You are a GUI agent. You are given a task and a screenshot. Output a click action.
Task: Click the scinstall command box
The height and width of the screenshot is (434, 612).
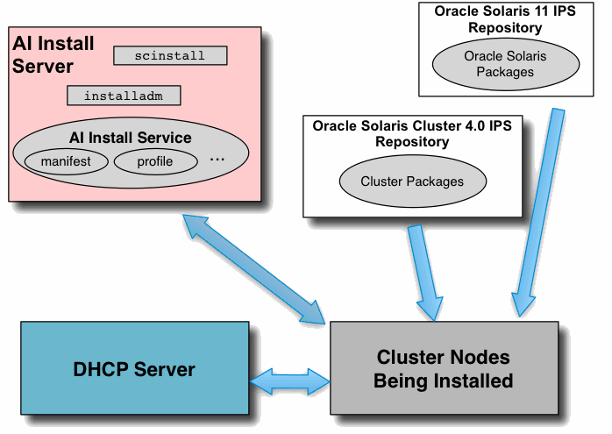(x=170, y=56)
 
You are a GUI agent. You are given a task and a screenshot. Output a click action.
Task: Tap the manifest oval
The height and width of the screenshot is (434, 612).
(x=64, y=161)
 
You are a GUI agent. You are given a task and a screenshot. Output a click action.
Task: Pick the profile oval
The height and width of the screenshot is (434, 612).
(x=155, y=161)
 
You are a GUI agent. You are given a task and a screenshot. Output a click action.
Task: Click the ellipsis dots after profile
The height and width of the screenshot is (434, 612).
(x=218, y=160)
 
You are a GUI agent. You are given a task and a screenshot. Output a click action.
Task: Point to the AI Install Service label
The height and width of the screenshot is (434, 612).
(x=130, y=138)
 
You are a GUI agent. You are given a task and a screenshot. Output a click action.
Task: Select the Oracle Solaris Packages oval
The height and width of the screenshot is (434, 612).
(x=504, y=64)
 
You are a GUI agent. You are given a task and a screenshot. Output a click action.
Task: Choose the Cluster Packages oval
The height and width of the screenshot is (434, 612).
(x=411, y=182)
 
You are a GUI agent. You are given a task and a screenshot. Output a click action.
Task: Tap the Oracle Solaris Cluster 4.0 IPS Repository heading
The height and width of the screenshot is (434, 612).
(x=411, y=133)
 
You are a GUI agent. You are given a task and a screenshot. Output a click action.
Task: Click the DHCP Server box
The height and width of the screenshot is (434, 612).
(x=134, y=368)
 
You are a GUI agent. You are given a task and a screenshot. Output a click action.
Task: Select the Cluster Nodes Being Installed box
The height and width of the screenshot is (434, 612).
(x=443, y=368)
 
